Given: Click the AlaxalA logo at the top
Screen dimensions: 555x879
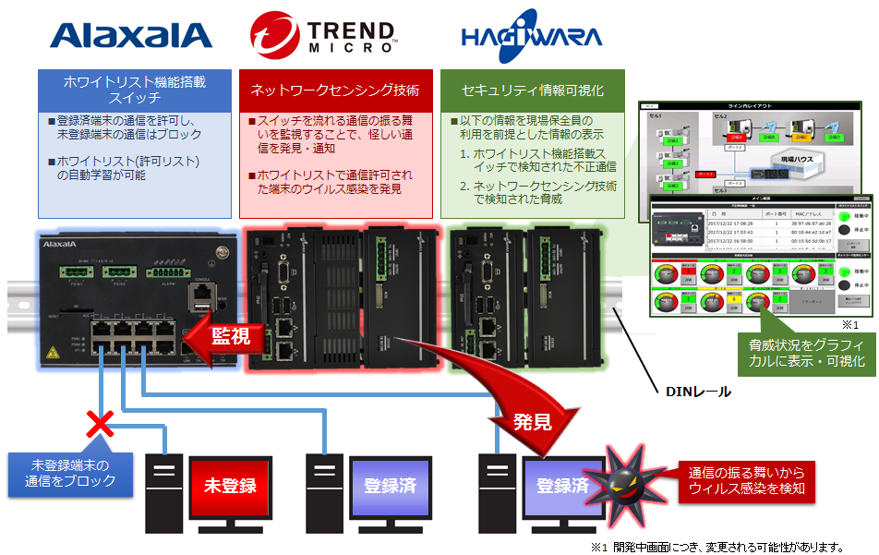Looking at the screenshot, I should (131, 34).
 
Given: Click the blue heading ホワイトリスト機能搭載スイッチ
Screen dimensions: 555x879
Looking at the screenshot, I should (135, 90).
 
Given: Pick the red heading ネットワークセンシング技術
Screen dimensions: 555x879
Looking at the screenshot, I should (335, 90).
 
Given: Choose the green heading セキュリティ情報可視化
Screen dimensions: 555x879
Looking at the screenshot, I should (533, 90).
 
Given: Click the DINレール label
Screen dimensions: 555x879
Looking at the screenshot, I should (698, 391).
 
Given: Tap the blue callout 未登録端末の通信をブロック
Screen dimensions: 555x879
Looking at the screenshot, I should (70, 472).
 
